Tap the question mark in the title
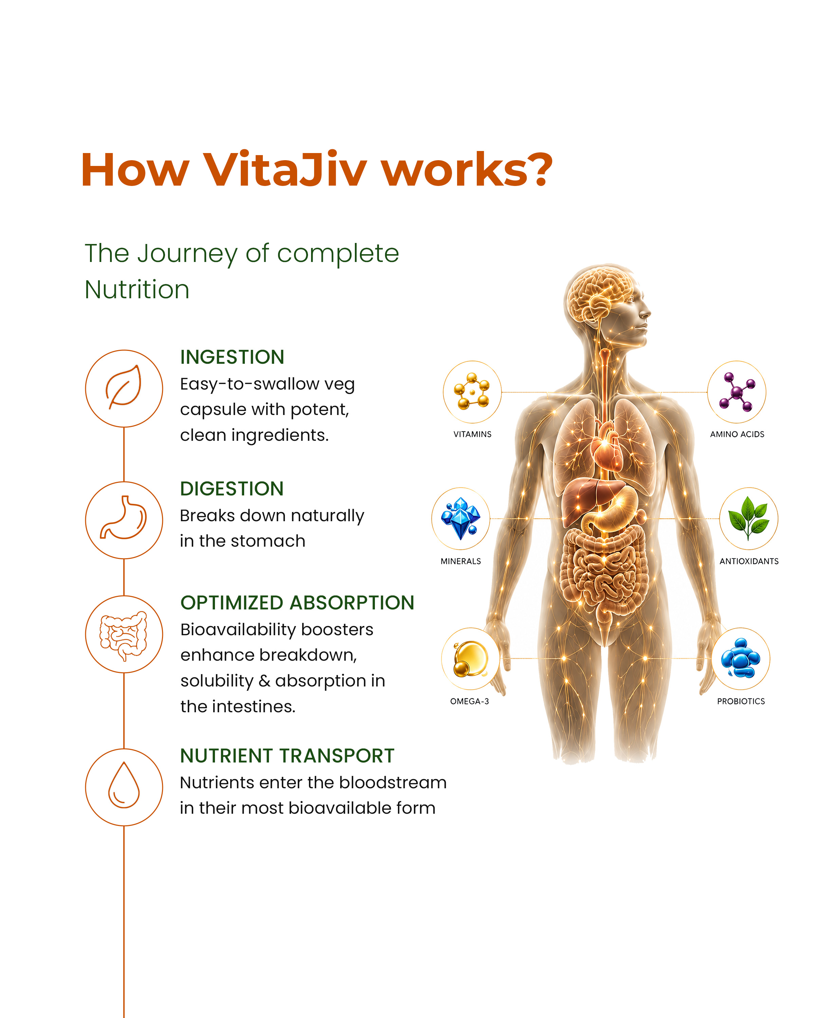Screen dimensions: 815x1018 pyautogui.click(x=538, y=169)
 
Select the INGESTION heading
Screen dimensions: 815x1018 pyautogui.click(x=232, y=357)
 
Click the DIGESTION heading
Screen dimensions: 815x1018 pyautogui.click(x=232, y=489)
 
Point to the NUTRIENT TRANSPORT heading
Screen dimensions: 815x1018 pyautogui.click(x=287, y=756)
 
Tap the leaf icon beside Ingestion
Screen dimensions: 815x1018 pyautogui.click(x=123, y=387)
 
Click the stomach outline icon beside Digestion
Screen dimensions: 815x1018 pyautogui.click(x=123, y=517)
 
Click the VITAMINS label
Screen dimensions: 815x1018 pyautogui.click(x=472, y=434)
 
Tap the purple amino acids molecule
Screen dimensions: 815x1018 pyautogui.click(x=736, y=392)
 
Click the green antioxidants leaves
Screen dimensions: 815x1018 pyautogui.click(x=748, y=517)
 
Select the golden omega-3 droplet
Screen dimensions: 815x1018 pyautogui.click(x=470, y=658)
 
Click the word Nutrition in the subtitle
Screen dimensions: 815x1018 pyautogui.click(x=137, y=289)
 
